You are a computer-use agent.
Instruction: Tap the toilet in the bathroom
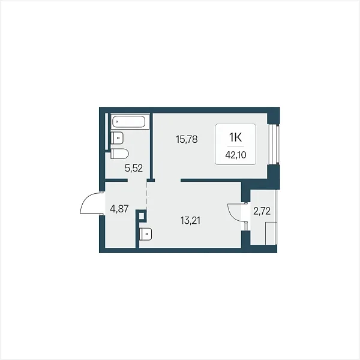point(119,154)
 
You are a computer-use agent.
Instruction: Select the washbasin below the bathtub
point(117,138)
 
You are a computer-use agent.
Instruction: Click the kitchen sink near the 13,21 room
point(145,235)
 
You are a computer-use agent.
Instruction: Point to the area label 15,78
point(187,139)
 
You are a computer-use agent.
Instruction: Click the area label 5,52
point(134,168)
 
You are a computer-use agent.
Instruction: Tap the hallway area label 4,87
point(119,209)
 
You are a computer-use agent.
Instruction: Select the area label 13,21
point(190,221)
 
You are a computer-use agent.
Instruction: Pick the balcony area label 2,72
point(262,211)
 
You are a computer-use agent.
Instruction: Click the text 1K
point(235,137)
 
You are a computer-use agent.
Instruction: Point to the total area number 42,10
point(236,155)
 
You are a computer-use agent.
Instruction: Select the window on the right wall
point(274,144)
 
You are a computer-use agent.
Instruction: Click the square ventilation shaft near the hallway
point(142,216)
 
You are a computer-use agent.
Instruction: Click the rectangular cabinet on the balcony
point(271,233)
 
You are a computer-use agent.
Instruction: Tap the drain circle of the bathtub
point(116,122)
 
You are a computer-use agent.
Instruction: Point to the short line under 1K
point(236,146)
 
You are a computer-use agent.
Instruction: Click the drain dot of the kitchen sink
point(147,234)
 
